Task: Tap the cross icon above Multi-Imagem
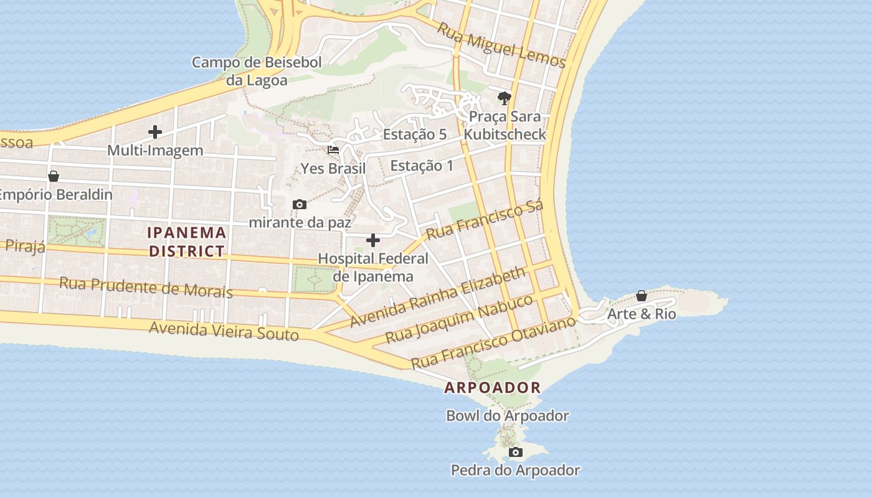pyautogui.click(x=155, y=132)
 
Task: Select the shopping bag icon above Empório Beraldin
pyautogui.click(x=54, y=176)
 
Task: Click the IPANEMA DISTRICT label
pyautogui.click(x=187, y=242)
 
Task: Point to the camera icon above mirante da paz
pyautogui.click(x=300, y=204)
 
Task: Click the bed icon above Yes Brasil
pyautogui.click(x=333, y=150)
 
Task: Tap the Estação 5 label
pyautogui.click(x=415, y=134)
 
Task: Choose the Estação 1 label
pyautogui.click(x=422, y=166)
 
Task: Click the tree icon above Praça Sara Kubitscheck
pyautogui.click(x=505, y=98)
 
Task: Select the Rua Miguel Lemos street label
pyautogui.click(x=501, y=45)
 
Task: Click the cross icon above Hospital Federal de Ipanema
pyautogui.click(x=373, y=240)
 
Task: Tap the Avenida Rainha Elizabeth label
pyautogui.click(x=438, y=298)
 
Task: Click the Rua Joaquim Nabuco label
pyautogui.click(x=459, y=319)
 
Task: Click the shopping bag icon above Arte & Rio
pyautogui.click(x=641, y=296)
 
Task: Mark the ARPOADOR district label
pyautogui.click(x=492, y=388)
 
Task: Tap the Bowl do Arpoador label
pyautogui.click(x=507, y=415)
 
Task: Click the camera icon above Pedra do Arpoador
pyautogui.click(x=515, y=452)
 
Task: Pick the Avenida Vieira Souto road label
pyautogui.click(x=224, y=330)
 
